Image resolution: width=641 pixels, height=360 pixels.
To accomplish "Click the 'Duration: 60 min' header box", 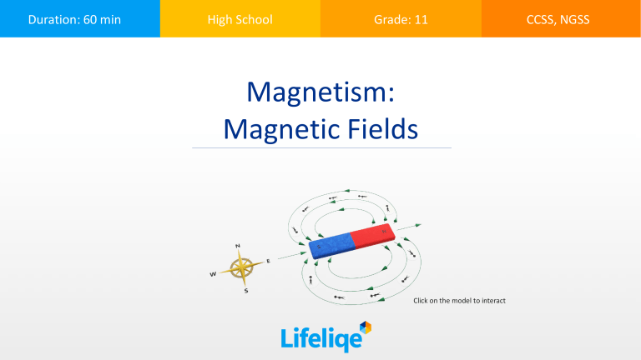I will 80,18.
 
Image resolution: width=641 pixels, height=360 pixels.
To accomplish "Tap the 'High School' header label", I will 240,18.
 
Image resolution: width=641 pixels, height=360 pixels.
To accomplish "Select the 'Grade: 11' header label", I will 401,18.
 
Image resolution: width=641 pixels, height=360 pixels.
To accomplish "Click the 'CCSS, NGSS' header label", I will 561,18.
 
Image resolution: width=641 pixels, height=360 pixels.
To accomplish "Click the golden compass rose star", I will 243,267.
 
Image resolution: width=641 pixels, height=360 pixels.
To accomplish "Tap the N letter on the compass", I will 239,245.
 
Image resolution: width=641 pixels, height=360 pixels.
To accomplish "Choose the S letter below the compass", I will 245,291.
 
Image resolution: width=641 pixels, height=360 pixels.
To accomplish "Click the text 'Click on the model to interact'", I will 459,300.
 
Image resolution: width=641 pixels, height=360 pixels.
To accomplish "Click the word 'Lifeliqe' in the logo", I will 315,338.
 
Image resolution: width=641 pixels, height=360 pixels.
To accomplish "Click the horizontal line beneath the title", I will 321,148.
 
